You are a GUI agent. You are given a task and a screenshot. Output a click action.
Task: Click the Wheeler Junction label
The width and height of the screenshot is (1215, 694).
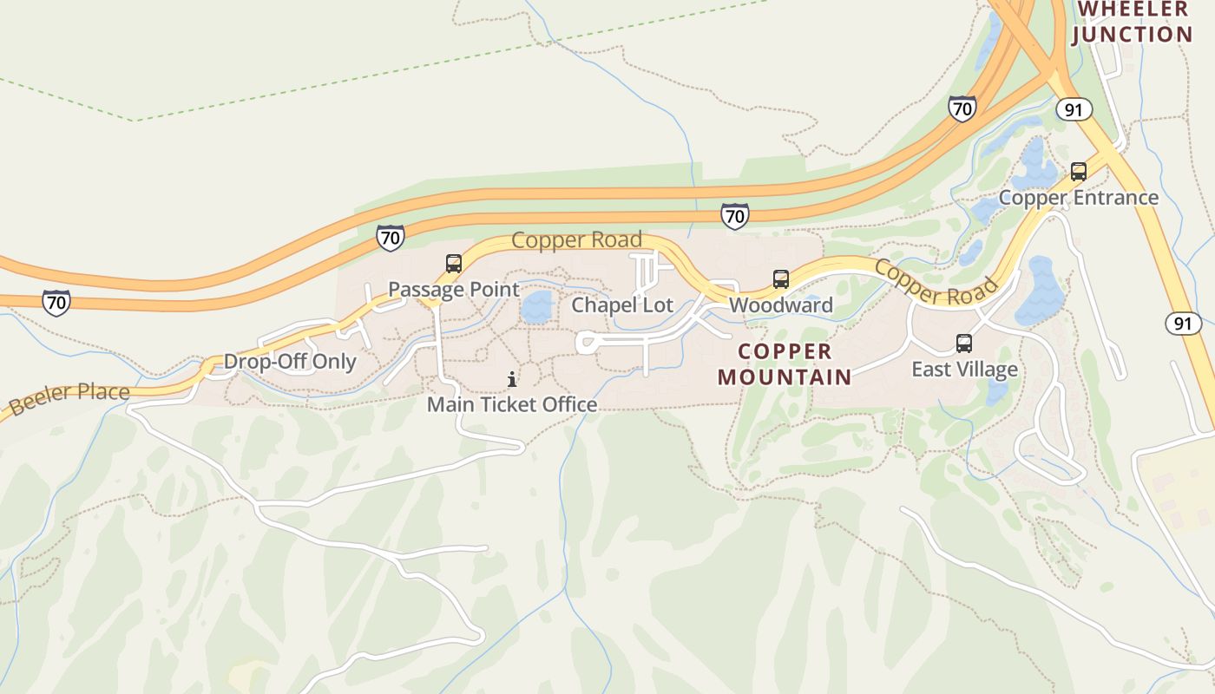1133,23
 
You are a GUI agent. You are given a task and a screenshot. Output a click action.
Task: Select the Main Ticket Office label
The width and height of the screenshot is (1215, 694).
512,404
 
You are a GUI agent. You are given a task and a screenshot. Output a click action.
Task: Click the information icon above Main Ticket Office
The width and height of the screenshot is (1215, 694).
512,379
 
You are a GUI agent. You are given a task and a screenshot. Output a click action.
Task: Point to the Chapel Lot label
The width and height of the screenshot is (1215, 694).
622,305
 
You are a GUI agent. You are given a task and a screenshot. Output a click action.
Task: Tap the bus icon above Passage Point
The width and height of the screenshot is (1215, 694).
453,264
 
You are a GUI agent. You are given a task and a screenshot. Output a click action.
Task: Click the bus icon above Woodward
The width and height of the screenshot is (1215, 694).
781,279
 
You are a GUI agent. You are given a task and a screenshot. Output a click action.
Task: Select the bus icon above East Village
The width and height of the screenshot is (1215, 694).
964,344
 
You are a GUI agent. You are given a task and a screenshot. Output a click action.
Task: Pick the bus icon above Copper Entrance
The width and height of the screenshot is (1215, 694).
1079,172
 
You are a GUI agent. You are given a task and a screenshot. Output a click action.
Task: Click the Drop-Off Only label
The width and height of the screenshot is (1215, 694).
290,362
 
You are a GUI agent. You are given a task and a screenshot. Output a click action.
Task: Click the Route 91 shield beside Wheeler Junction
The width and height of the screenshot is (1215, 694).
1074,109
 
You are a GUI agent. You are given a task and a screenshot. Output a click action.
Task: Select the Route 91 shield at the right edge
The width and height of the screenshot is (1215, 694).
1183,324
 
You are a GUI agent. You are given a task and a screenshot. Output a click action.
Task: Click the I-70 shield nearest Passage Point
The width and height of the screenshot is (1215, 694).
391,237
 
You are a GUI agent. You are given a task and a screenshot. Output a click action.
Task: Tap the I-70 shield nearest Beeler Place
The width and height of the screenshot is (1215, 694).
56,302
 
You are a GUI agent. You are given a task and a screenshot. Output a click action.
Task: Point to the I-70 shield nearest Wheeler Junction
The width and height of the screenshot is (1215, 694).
962,109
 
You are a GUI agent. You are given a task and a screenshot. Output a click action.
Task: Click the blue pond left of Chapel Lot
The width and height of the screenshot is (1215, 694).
537,307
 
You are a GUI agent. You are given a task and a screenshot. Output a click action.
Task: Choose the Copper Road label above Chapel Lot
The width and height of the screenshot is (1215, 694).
576,239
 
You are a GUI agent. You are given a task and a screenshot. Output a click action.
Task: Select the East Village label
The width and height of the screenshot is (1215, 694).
964,370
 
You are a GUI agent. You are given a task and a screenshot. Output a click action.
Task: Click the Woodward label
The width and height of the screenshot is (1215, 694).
781,305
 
